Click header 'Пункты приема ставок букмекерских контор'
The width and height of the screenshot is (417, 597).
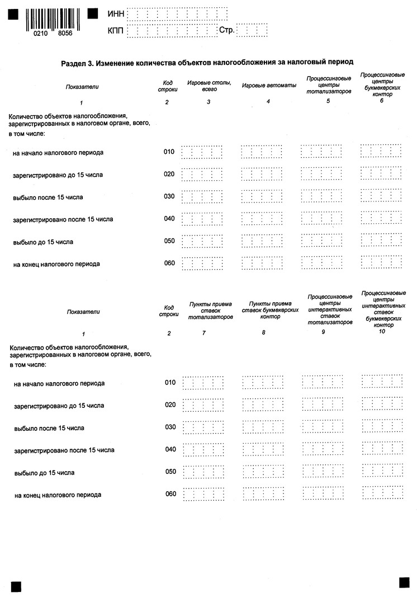click(x=270, y=309)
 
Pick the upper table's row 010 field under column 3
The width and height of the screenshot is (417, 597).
click(x=202, y=152)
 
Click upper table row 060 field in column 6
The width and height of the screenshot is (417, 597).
click(x=381, y=262)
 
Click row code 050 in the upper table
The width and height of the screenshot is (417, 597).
click(x=169, y=241)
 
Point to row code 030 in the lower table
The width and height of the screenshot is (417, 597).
click(x=170, y=427)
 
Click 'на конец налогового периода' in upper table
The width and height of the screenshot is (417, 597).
click(x=56, y=264)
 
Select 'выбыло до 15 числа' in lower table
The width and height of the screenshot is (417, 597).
click(x=44, y=473)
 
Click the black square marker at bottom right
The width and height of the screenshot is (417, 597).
click(x=404, y=582)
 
